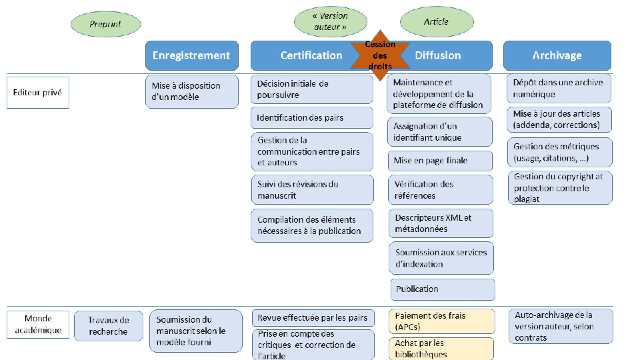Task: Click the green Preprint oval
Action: (x=105, y=25)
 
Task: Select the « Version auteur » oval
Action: (x=330, y=22)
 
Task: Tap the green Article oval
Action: (x=436, y=22)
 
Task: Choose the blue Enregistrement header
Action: (x=191, y=55)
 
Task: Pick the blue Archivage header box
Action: (x=557, y=55)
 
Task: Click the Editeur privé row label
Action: (x=37, y=93)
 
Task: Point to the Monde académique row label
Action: (x=37, y=324)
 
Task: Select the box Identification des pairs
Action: (x=311, y=118)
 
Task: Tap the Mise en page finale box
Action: (x=440, y=161)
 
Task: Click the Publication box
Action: (x=442, y=289)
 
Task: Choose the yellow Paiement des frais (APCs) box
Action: (x=441, y=321)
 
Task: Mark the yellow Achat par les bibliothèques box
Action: (x=441, y=349)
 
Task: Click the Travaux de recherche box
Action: (x=108, y=326)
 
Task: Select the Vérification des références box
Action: (x=440, y=190)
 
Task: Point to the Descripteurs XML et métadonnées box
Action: (x=440, y=223)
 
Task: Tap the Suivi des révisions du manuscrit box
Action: (x=311, y=190)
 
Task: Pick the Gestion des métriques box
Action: (x=557, y=153)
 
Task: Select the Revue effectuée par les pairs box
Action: (x=311, y=317)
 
